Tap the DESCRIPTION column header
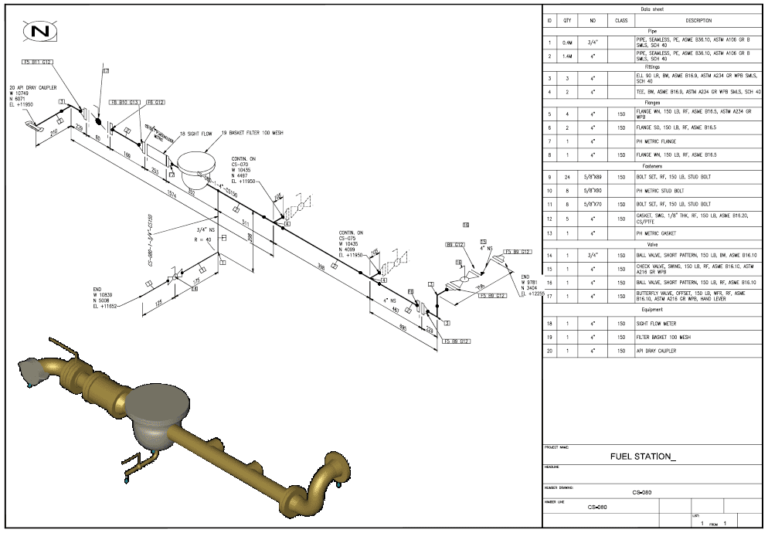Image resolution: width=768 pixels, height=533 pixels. pyautogui.click(x=699, y=19)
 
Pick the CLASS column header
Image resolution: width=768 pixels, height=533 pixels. pyautogui.click(x=621, y=19)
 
